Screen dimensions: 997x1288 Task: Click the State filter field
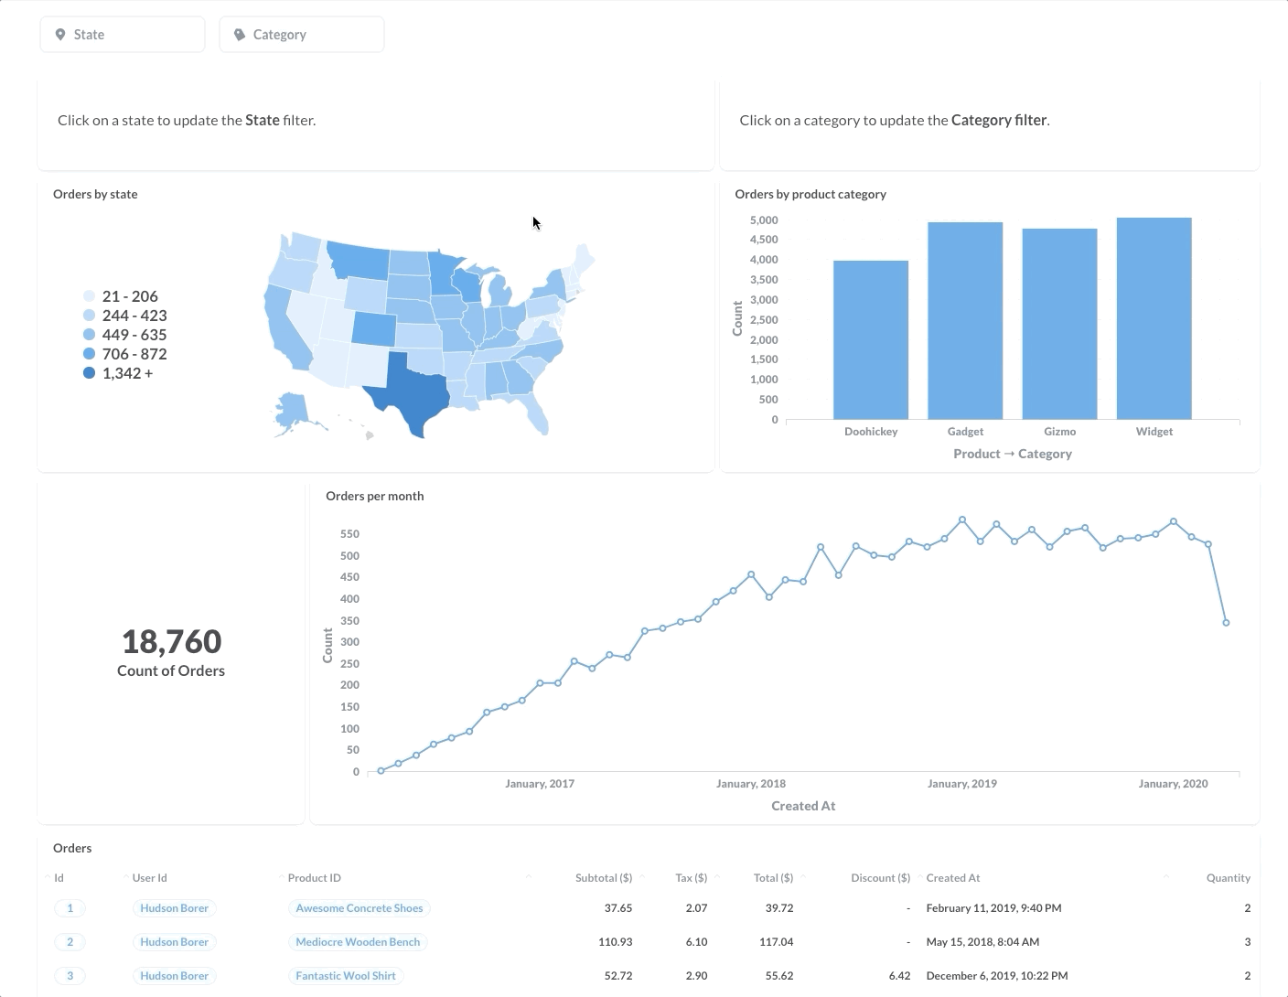122,35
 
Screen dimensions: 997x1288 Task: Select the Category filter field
301,35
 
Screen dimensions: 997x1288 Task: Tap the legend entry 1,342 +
127,373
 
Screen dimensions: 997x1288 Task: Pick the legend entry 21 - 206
129,296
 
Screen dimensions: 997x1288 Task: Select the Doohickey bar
870,340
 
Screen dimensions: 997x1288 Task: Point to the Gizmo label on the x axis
1059,432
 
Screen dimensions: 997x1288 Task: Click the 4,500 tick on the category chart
764,240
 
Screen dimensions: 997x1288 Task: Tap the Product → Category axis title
1012,454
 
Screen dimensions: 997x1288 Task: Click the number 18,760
171,641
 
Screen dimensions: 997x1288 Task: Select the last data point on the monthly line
1226,623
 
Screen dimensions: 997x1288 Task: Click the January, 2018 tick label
750,784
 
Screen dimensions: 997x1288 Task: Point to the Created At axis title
803,806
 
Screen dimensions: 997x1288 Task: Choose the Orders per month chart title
374,496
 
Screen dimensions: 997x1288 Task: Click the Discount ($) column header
880,878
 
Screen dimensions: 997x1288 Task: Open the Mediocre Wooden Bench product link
358,942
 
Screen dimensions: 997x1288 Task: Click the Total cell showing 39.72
778,908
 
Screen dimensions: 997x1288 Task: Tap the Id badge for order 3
70,976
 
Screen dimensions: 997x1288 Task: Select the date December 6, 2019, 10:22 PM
996,976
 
